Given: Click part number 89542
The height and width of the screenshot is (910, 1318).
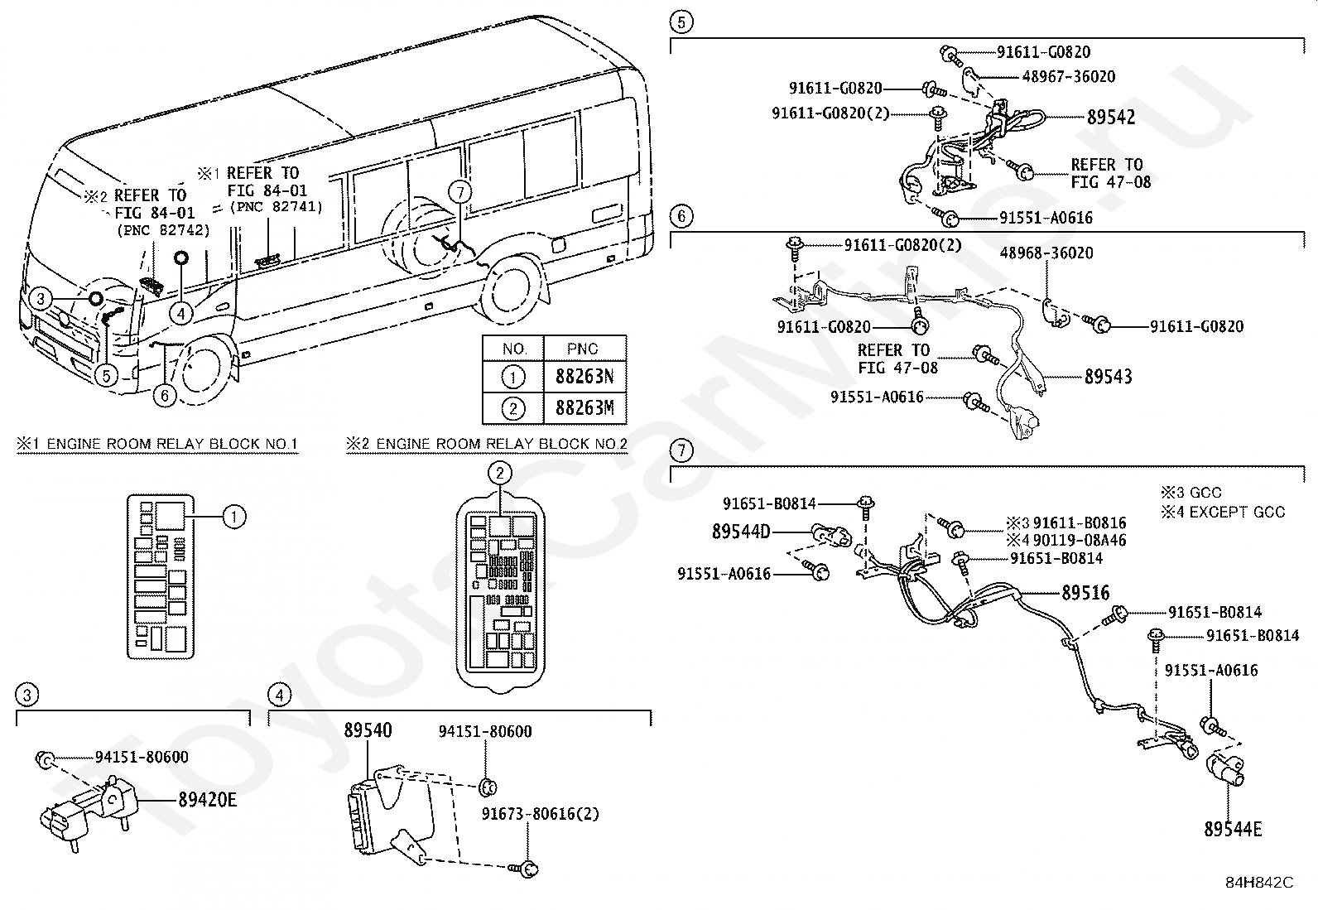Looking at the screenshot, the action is (x=1110, y=117).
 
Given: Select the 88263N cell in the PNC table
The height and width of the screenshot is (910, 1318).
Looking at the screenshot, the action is (x=584, y=377).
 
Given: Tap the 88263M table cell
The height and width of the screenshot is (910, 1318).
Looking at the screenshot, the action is (x=584, y=408).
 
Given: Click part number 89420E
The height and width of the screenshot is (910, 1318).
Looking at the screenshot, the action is (x=207, y=800).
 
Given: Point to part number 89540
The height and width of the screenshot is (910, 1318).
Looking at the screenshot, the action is (x=368, y=729).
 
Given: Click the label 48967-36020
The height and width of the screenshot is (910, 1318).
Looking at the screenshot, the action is (x=1069, y=76).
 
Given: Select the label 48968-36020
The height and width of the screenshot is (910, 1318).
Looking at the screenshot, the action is (x=1046, y=253).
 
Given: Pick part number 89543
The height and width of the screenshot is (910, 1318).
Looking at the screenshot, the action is (x=1108, y=377).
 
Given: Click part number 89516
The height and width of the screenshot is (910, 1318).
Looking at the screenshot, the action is (x=1085, y=593).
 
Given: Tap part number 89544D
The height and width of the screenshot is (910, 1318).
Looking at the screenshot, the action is (x=741, y=532).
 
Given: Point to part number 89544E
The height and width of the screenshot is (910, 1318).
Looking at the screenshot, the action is (x=1233, y=830).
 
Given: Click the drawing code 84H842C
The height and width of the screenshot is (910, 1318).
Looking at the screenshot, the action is (x=1259, y=883).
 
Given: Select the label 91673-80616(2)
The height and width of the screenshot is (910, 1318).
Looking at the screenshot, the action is (x=540, y=813).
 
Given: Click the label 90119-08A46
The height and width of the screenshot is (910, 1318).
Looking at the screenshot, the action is (x=1079, y=540).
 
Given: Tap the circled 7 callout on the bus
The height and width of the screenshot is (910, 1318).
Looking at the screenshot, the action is (x=460, y=192).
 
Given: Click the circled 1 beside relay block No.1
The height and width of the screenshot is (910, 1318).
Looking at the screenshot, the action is (x=234, y=518).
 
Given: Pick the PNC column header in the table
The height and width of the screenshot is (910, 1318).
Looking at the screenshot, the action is (x=582, y=349).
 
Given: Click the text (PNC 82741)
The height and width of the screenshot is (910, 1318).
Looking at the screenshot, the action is (x=276, y=207).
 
